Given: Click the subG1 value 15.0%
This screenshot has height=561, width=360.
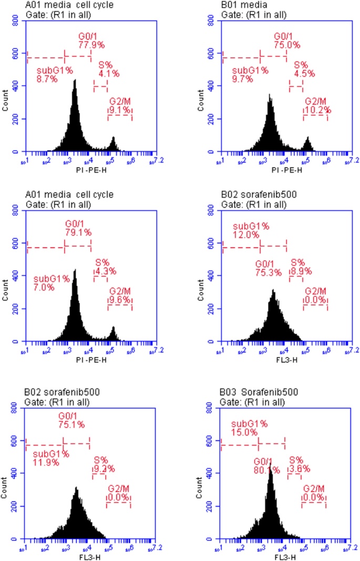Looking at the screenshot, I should (x=244, y=433).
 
